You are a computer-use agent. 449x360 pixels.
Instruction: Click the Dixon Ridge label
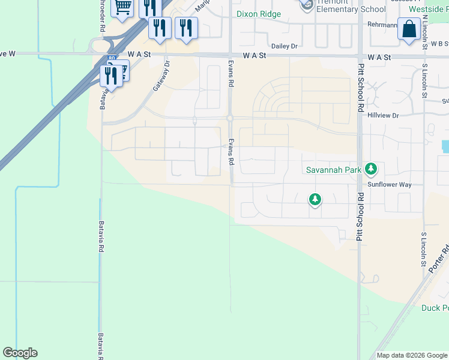pyautogui.click(x=258, y=14)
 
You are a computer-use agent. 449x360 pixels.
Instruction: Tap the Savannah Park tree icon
pyautogui.click(x=371, y=169)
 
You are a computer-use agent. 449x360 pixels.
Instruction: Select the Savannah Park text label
pyautogui.click(x=334, y=170)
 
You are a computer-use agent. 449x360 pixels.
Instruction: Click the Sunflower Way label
pyautogui.click(x=390, y=185)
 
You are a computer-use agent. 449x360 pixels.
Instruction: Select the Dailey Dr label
pyautogui.click(x=285, y=46)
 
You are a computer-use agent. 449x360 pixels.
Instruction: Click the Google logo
pyautogui.click(x=20, y=353)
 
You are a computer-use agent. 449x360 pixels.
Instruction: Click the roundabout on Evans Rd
pyautogui.click(x=230, y=118)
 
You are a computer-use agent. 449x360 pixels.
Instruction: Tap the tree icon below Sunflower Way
pyautogui.click(x=315, y=199)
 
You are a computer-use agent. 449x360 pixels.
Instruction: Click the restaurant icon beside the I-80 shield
pyautogui.click(x=110, y=76)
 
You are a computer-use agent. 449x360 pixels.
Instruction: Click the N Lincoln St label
pyautogui.click(x=424, y=28)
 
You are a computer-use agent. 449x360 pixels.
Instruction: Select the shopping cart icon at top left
pyautogui.click(x=122, y=7)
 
